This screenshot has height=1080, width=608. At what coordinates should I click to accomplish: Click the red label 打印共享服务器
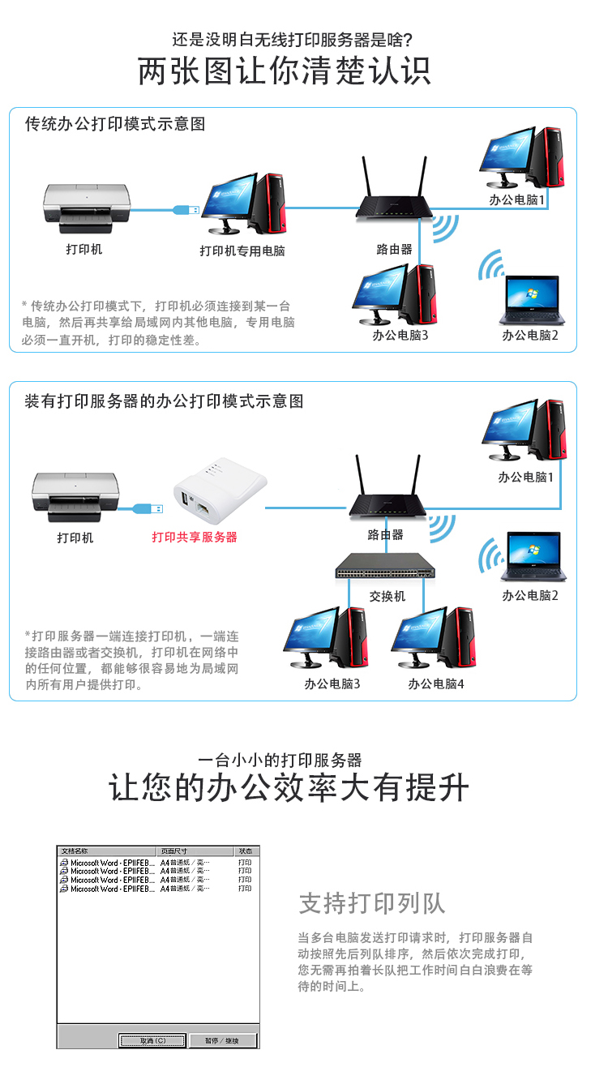pos(195,537)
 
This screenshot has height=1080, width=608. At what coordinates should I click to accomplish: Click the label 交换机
pos(387,596)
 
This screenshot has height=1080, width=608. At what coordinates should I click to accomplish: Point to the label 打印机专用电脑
pos(242,251)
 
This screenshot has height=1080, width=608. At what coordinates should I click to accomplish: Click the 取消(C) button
pos(152,1040)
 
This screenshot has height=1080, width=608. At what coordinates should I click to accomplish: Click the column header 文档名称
pos(75,851)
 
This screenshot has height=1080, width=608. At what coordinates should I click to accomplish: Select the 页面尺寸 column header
pos(173,851)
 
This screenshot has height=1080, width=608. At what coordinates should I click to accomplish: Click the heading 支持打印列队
pos(372,903)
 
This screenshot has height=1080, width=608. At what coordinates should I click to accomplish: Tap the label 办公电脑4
pos(435,684)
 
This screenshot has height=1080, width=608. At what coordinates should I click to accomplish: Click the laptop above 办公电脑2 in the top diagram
pos(531,300)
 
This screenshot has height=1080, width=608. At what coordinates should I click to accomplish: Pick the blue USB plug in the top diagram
pos(186,210)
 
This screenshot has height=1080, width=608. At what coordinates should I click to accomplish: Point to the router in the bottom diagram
pos(387,495)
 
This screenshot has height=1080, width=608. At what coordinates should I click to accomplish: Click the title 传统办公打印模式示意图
pos(114,124)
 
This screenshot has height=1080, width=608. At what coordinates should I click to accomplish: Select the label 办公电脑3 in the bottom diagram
pos(332,684)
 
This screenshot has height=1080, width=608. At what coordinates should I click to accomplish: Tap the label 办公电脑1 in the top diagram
pos(517,198)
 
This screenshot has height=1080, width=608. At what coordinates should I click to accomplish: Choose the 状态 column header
pos(245,851)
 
